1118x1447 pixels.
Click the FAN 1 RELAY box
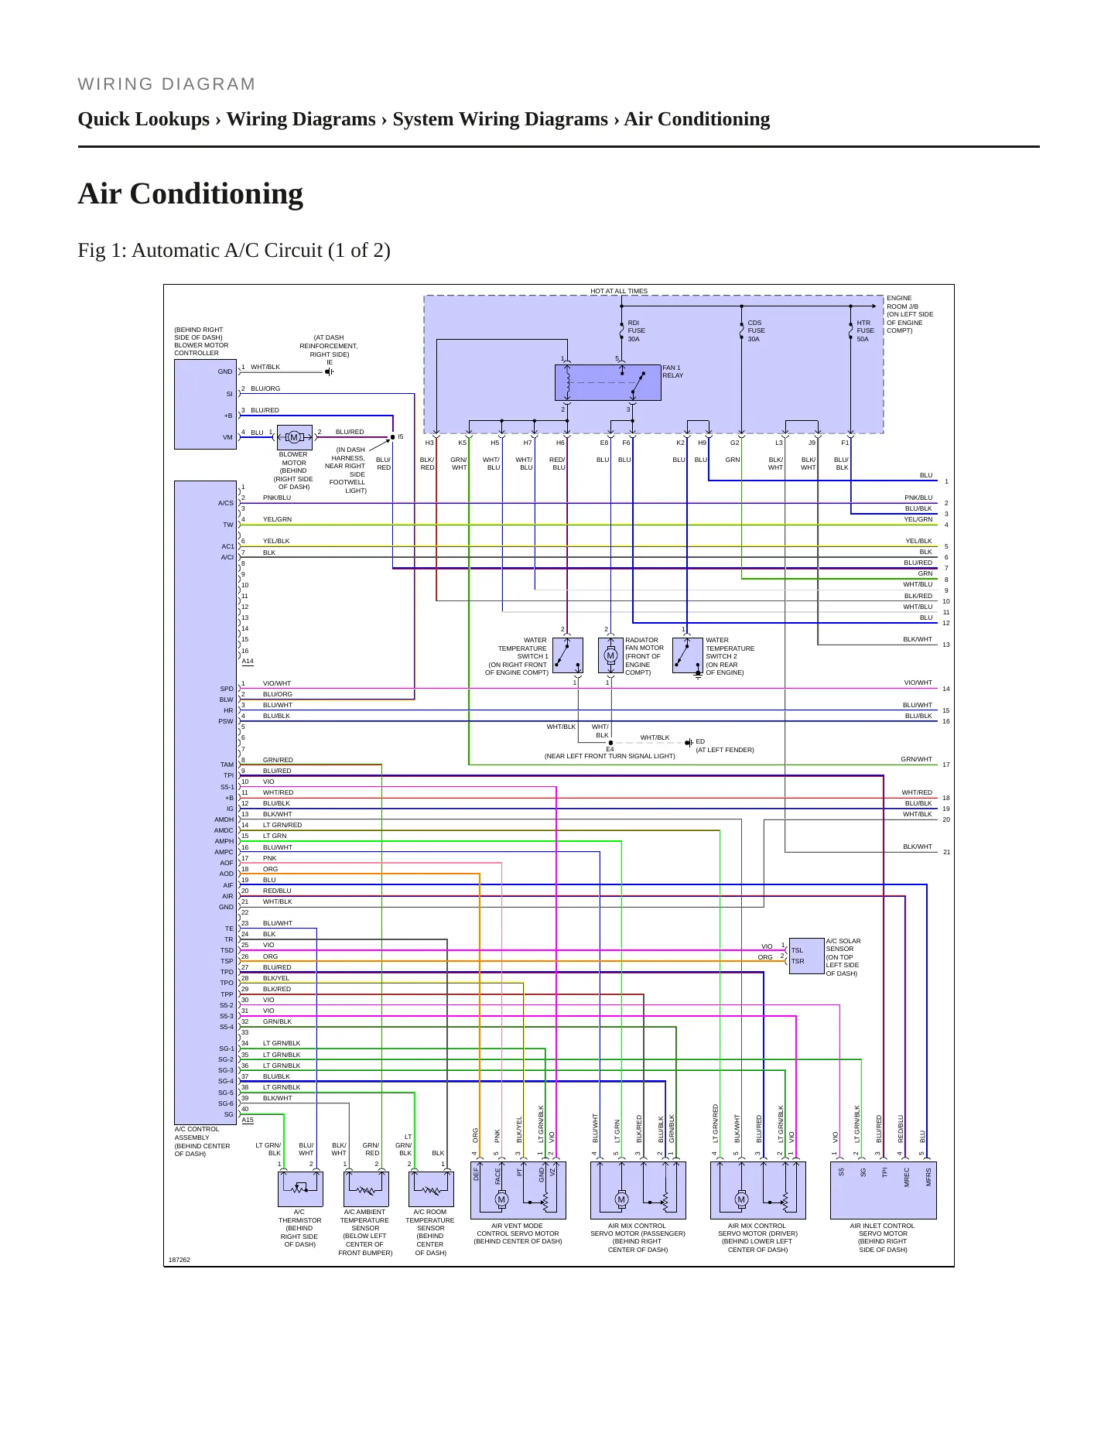coord(607,382)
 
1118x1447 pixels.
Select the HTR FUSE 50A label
coord(865,331)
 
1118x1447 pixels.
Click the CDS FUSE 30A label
coord(755,331)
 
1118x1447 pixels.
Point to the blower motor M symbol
coord(294,437)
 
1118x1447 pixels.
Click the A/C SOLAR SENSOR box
coord(806,956)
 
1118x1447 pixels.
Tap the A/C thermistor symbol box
coord(300,1189)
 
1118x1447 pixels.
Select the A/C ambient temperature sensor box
coord(366,1189)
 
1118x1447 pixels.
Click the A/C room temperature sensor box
coord(431,1189)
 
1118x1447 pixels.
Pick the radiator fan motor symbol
coord(610,655)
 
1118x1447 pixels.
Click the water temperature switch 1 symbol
coord(568,655)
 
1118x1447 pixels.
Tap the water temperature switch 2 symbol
coord(688,655)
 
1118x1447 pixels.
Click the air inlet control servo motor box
coord(884,1190)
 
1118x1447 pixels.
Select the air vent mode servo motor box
coord(518,1190)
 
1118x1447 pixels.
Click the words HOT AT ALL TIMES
coord(619,291)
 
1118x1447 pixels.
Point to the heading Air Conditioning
coord(190,193)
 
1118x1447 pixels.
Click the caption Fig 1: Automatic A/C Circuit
coord(234,251)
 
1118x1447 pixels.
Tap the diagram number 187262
coord(179,1260)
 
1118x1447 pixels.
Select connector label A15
coord(248,1120)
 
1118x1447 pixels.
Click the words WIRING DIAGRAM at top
coord(166,84)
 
